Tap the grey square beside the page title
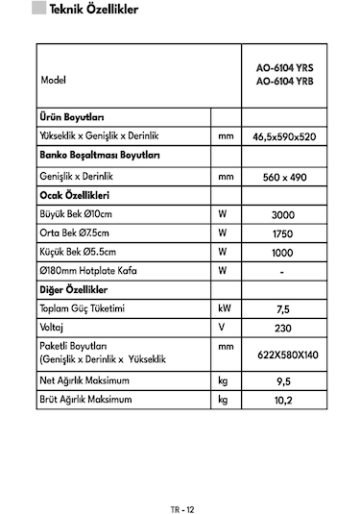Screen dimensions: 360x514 (38, 12)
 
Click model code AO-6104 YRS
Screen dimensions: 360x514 (283, 69)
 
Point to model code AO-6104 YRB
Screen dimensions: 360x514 (283, 83)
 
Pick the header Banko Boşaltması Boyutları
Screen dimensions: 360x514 (99, 157)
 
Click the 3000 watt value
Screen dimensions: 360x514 (282, 216)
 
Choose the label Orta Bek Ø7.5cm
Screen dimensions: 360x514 (76, 234)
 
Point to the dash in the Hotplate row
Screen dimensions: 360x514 (282, 272)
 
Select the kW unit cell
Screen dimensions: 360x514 (224, 310)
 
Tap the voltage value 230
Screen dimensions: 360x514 (282, 329)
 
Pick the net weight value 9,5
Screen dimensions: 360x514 (282, 381)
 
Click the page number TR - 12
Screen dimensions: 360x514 (180, 483)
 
